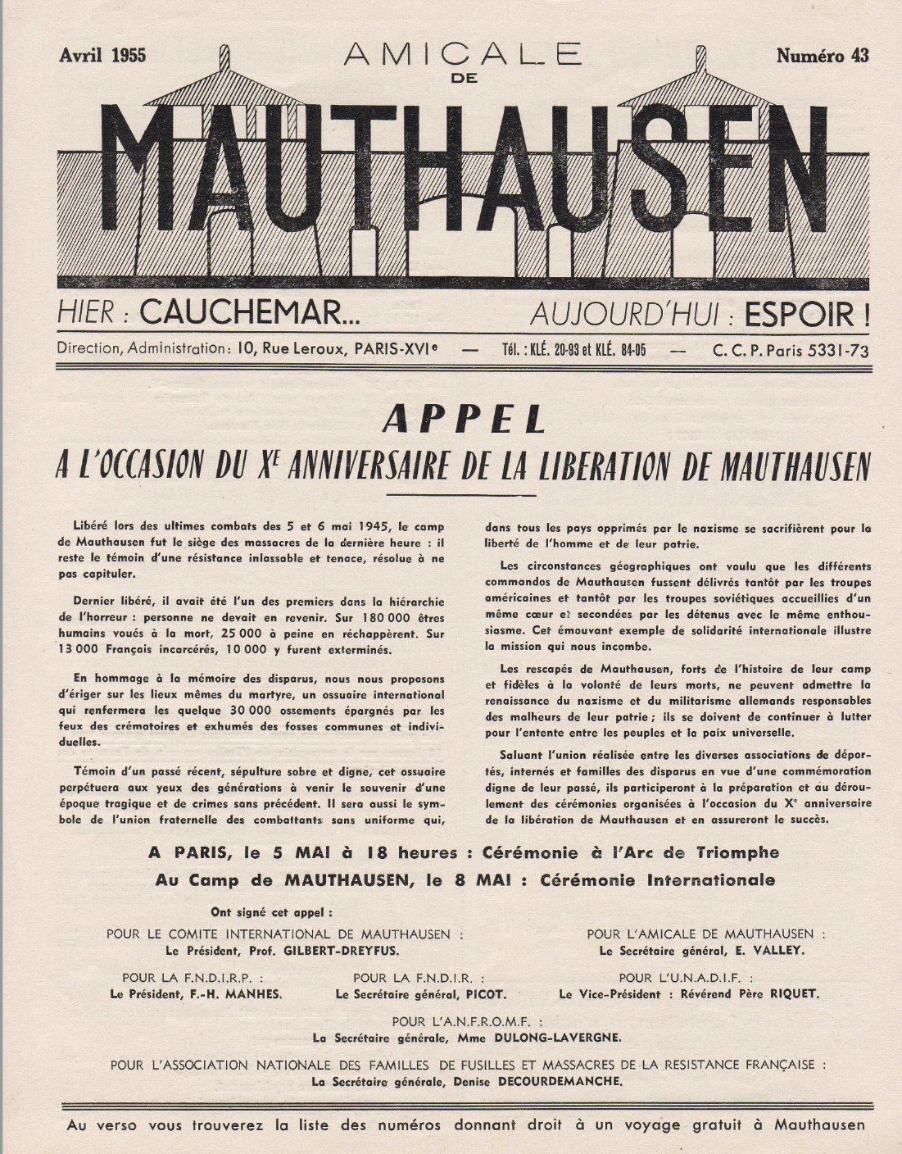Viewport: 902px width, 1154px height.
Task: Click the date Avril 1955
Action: pyautogui.click(x=102, y=56)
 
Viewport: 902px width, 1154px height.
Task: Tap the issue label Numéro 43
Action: pyautogui.click(x=823, y=56)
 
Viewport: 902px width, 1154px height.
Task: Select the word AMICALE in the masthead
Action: pyautogui.click(x=462, y=54)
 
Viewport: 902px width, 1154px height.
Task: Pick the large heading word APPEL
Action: pyautogui.click(x=464, y=420)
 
